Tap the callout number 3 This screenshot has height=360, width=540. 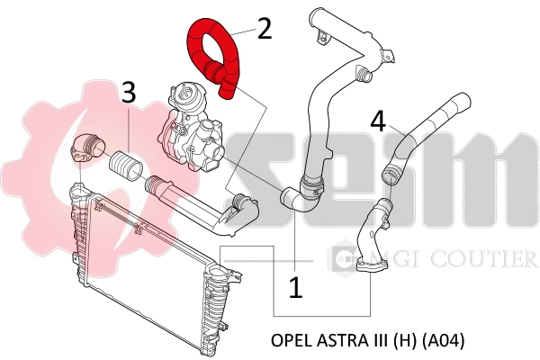pos(129,91)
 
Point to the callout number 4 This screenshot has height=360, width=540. pos(380,121)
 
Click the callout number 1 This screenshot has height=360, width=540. pos(295,288)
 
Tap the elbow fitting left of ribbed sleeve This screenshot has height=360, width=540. pos(88,148)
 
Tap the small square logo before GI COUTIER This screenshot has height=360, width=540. pos(342,260)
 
